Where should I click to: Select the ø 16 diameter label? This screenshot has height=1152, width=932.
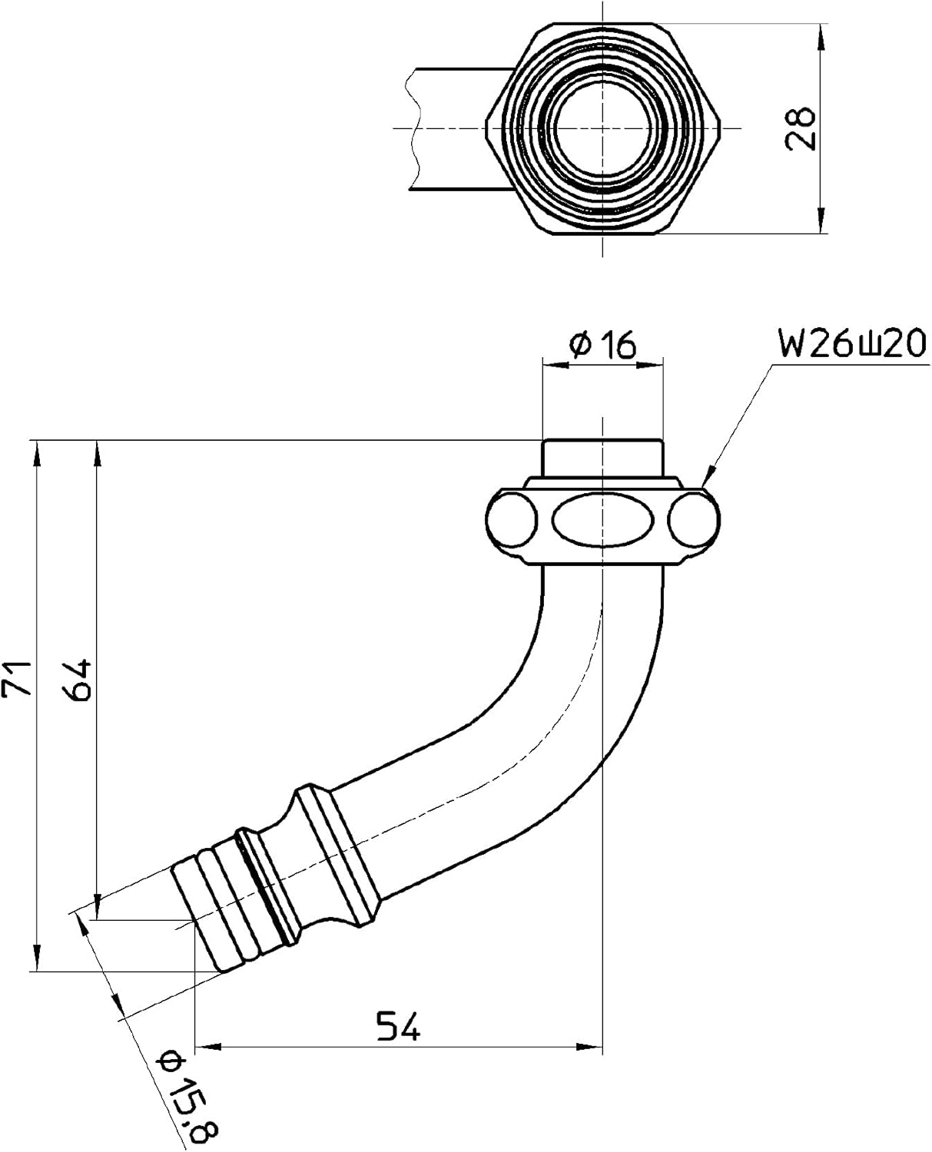(603, 346)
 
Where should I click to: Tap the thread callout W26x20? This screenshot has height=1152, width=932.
(851, 343)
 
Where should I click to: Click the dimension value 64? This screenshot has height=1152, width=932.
(79, 679)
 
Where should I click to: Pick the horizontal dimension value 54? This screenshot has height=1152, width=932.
(398, 1026)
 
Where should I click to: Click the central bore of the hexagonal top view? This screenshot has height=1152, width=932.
(602, 127)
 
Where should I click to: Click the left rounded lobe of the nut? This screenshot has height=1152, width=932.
(512, 521)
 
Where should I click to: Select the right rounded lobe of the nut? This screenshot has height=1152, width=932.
(694, 521)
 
